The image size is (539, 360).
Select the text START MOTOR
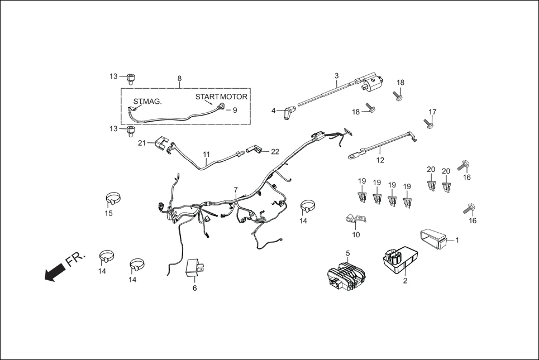click(x=221, y=97)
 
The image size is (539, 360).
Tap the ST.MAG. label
click(x=147, y=102)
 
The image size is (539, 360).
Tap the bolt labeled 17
click(x=428, y=123)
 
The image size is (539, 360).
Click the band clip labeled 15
click(x=113, y=199)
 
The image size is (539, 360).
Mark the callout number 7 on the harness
click(x=236, y=190)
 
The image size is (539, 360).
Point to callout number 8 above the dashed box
click(x=179, y=79)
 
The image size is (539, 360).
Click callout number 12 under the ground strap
click(x=380, y=160)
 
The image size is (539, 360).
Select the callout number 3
click(x=337, y=75)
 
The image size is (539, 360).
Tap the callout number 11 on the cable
click(x=206, y=154)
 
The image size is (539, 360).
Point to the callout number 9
click(x=235, y=111)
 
